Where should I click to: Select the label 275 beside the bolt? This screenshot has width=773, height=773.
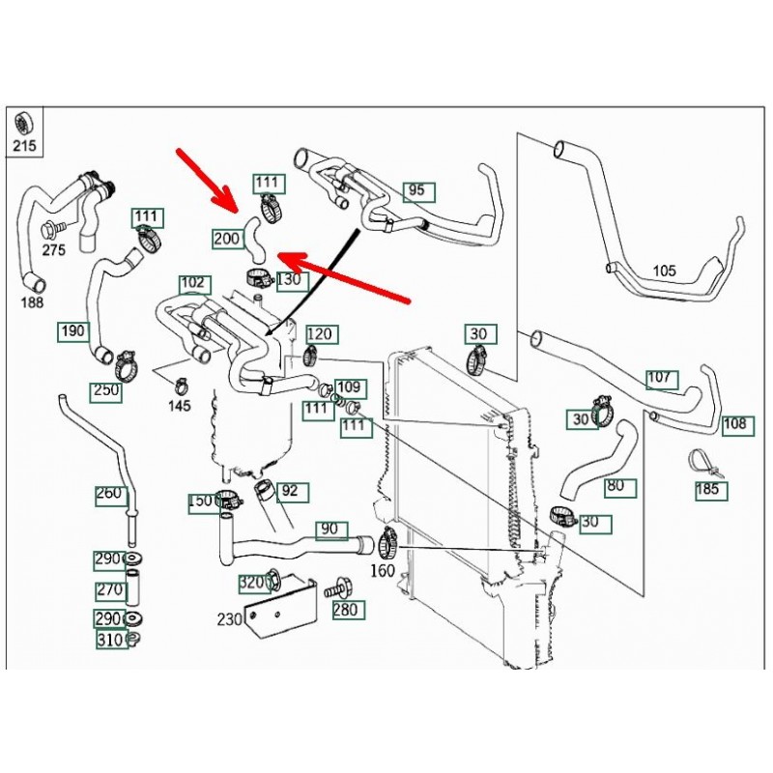point(54,250)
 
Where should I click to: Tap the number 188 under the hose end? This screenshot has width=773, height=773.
point(32,303)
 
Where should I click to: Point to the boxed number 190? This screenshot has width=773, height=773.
point(72,331)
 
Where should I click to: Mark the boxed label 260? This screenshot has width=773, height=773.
point(110,494)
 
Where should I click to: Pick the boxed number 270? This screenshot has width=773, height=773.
point(110,589)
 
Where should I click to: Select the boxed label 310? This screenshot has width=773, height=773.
point(110,640)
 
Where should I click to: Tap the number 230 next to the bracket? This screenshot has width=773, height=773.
point(229,619)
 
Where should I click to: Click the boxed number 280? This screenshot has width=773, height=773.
point(345,610)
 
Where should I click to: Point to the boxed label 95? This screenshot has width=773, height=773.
point(416,190)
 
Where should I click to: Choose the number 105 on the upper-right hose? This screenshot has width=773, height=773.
point(665,271)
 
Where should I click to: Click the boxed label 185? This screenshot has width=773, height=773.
point(708,489)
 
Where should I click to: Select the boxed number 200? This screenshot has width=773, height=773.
point(227,238)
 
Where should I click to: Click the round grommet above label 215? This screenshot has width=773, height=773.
point(22,124)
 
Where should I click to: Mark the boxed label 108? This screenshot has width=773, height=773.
point(735,423)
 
